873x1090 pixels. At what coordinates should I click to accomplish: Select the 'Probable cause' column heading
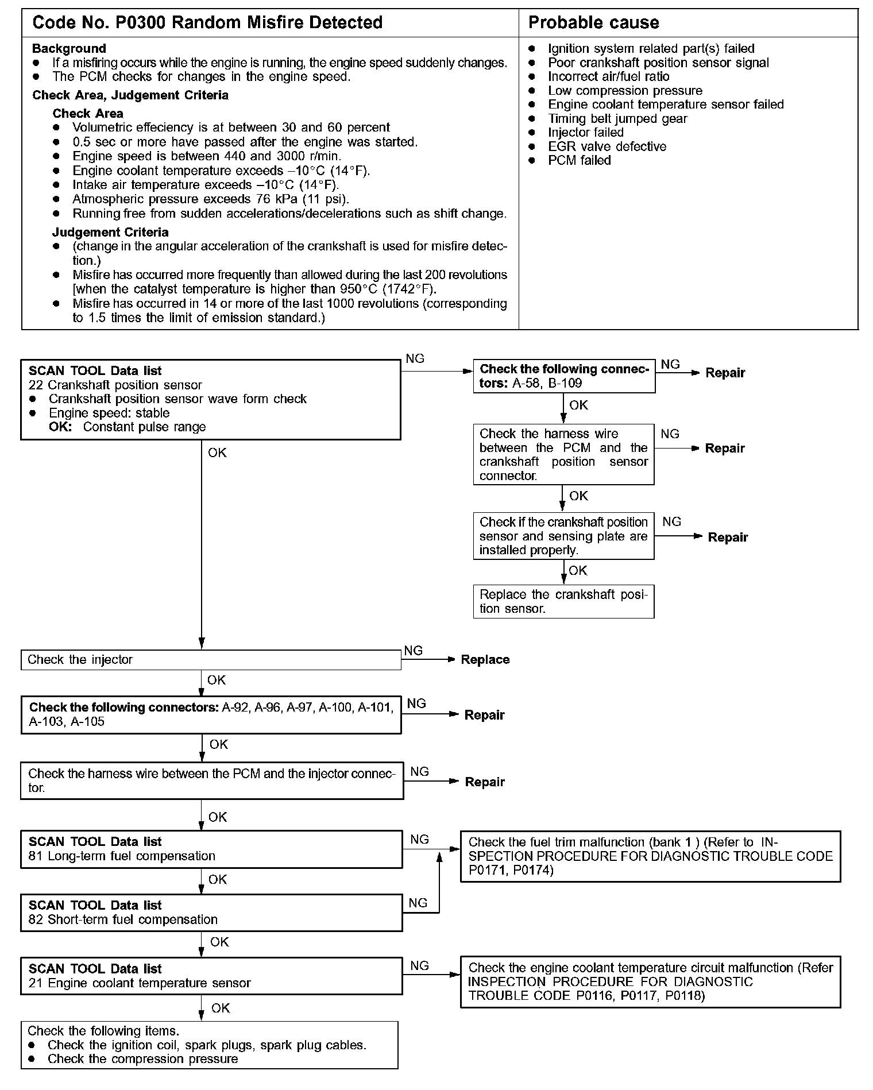coord(593,23)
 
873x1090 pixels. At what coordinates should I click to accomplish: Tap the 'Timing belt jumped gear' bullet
coord(617,119)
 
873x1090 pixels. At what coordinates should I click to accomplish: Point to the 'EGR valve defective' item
coord(607,146)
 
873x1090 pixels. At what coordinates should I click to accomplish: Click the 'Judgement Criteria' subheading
coord(110,233)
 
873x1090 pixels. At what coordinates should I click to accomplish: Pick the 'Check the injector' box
coord(211,660)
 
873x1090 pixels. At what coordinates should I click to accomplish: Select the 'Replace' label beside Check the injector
coord(485,660)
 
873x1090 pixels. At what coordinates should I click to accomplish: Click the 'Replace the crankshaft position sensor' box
coord(563,602)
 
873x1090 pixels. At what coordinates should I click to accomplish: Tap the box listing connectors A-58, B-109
coord(563,376)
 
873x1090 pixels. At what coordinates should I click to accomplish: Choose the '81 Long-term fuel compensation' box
coord(211,849)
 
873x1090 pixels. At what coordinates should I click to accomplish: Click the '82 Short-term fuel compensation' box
coord(211,913)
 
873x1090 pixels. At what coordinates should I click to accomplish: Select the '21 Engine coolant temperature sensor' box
coord(211,976)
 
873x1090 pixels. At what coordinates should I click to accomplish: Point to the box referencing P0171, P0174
coord(650,856)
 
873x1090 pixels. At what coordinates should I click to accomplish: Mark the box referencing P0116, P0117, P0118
coord(650,982)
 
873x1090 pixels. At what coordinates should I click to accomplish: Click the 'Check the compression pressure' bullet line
coord(142,1059)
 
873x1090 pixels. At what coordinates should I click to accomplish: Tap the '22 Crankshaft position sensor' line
coord(115,385)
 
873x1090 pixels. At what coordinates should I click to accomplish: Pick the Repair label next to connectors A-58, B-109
coord(725,373)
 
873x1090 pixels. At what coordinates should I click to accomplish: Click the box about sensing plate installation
coord(563,536)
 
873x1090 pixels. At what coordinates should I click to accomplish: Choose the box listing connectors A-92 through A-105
coord(211,715)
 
